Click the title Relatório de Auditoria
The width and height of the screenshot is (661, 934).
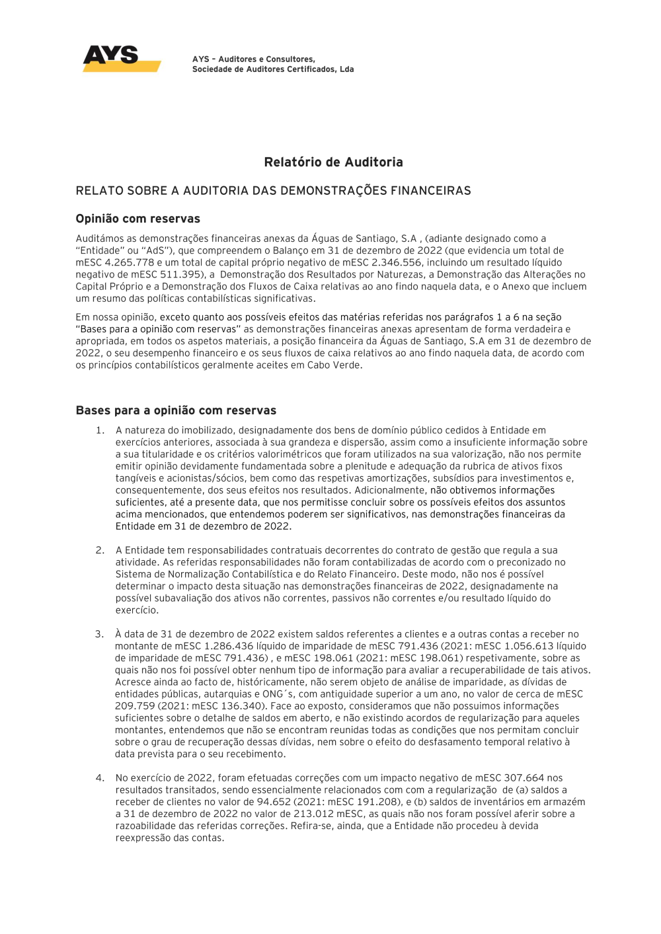pos(333,162)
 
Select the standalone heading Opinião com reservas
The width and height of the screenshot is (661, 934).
pos(137,219)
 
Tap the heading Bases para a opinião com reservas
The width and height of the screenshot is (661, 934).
pos(176,410)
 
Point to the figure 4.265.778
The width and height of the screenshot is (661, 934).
pos(129,262)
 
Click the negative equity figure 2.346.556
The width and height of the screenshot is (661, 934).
pos(396,262)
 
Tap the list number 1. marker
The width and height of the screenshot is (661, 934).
pos(100,431)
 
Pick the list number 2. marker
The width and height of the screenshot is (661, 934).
pos(100,550)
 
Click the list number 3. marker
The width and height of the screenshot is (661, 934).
pos(99,634)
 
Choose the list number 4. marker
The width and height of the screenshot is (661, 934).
pos(100,778)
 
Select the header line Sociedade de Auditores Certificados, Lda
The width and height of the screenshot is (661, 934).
pos(273,69)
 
